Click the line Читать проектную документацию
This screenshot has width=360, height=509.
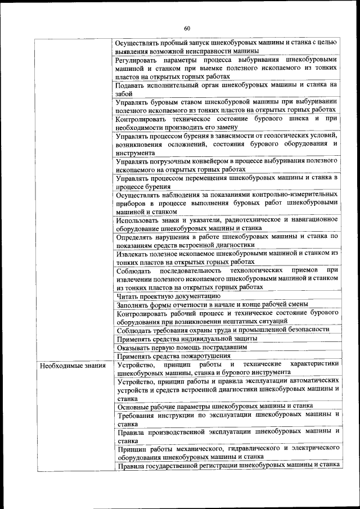(x=168, y=295)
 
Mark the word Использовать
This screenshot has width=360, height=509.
(x=140, y=219)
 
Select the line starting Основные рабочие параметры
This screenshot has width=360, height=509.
(x=214, y=406)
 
